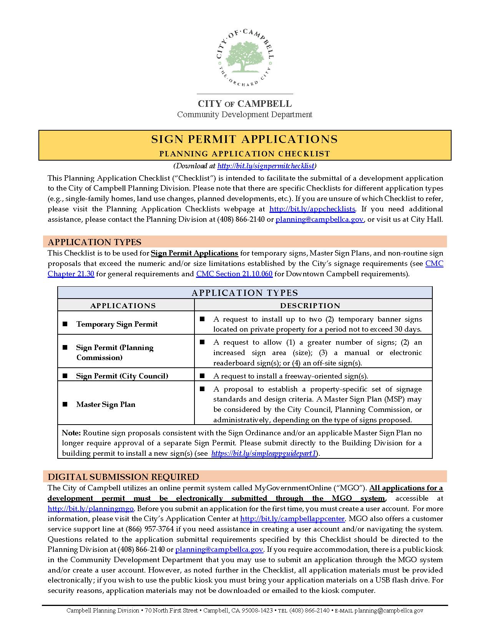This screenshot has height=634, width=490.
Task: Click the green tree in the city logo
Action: pos(244,56)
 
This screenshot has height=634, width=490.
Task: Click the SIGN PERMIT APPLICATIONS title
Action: pos(244,139)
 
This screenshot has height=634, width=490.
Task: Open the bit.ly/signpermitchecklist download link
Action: pos(266,166)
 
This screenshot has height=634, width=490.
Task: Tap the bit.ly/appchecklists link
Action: pos(312,209)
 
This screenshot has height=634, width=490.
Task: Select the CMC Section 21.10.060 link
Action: pos(234,274)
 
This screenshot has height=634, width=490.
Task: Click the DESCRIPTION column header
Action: pos(310,306)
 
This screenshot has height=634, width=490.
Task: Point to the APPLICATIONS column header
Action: pos(123,306)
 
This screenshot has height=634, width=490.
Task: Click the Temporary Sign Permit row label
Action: pos(117,324)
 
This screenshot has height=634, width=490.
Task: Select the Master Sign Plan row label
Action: pos(106,405)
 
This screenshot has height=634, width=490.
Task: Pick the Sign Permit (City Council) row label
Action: pos(122,376)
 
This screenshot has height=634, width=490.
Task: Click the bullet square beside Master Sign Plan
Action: pos(65,404)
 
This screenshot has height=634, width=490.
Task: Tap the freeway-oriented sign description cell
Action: pos(291,376)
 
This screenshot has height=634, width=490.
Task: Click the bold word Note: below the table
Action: pos(71,433)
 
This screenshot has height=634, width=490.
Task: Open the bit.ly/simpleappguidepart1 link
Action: pos(264,453)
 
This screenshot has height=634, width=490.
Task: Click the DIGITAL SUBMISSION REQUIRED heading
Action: pos(123,477)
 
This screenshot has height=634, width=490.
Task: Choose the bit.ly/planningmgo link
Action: pos(91,509)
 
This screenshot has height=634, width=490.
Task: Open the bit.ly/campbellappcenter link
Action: pos(292,519)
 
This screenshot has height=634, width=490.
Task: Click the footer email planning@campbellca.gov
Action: pos(389,611)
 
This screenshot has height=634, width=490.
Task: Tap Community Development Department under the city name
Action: pos(244,115)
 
